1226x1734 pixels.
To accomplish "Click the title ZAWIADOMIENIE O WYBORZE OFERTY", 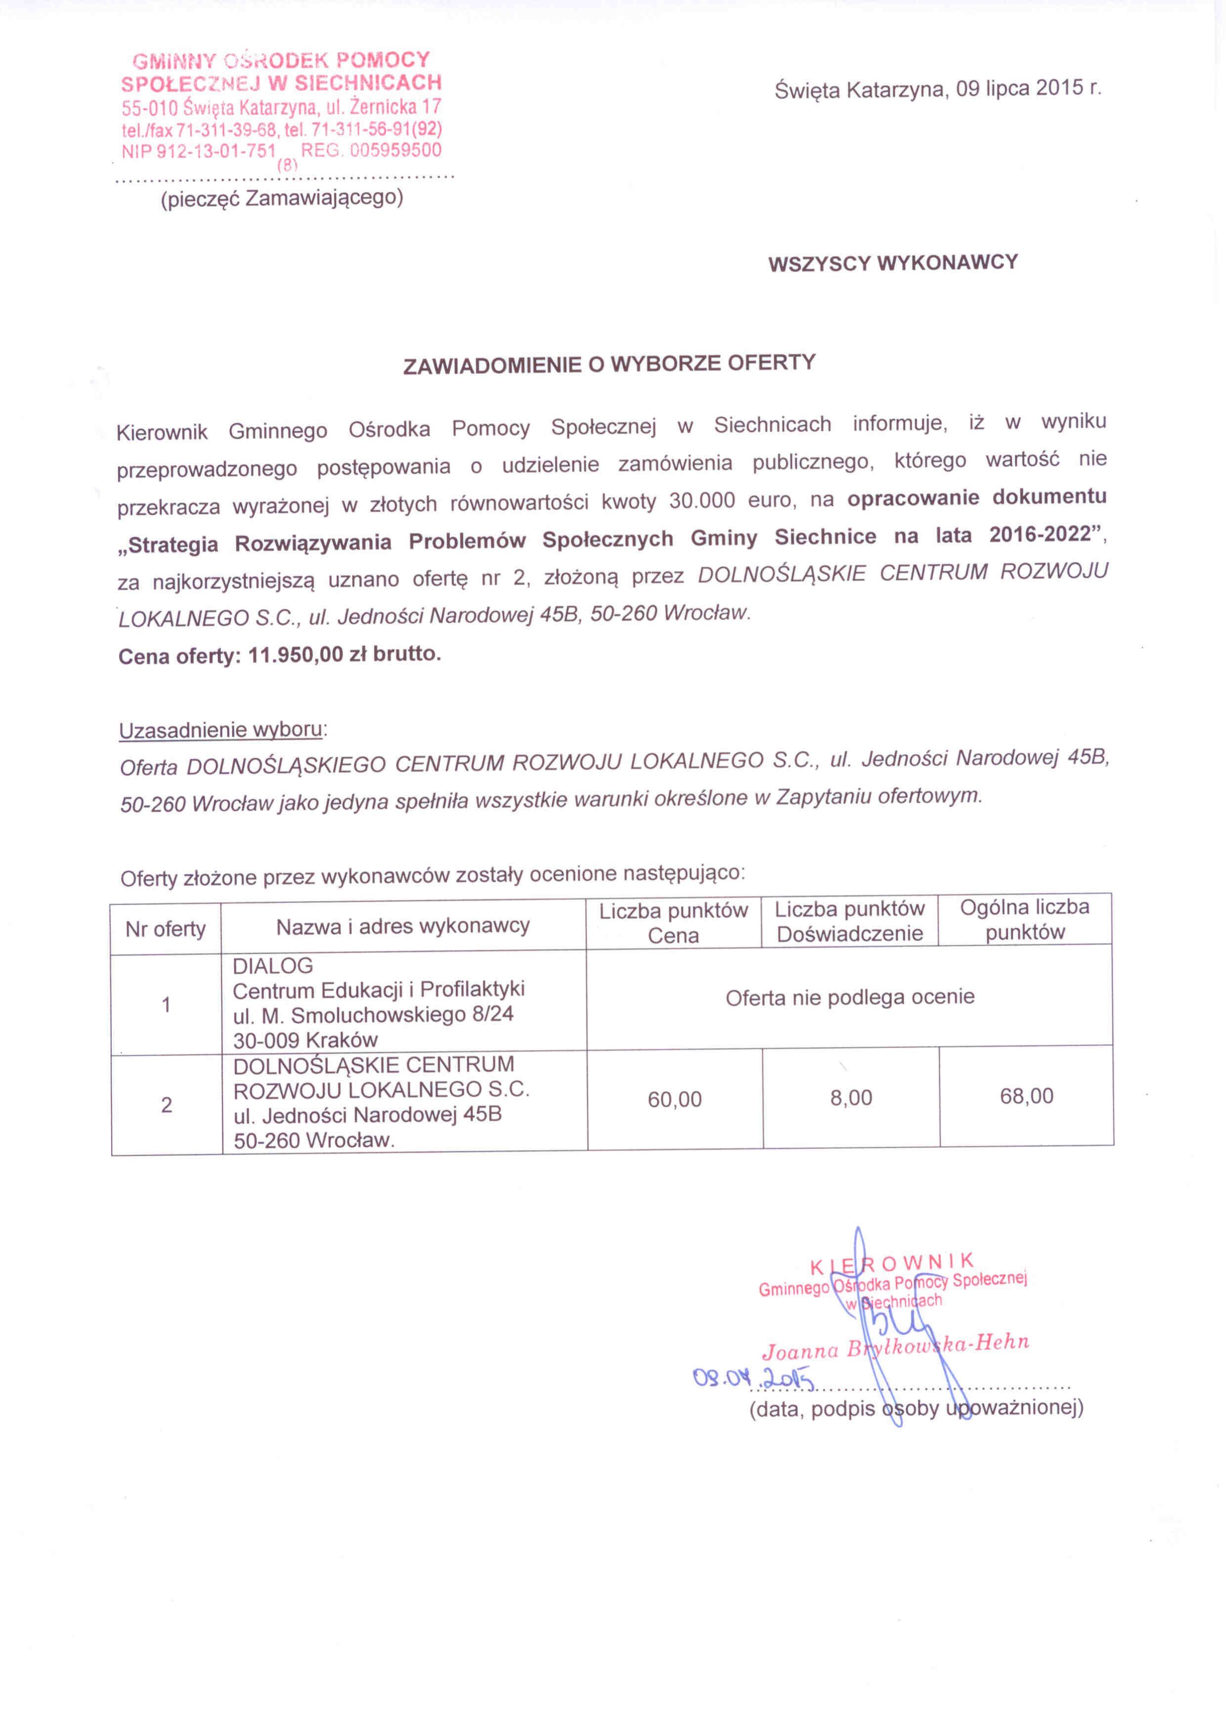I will (x=609, y=364).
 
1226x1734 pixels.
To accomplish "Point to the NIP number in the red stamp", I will (x=199, y=151).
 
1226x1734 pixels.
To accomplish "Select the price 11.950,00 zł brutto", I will (x=344, y=654).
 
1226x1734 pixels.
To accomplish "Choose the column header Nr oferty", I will (x=165, y=929).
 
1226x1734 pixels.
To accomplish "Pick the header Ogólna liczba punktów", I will (x=1024, y=919).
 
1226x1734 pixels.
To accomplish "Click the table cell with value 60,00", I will (x=674, y=1099).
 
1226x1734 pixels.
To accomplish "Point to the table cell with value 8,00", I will (x=851, y=1097).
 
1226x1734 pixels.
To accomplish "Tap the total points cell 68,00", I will (x=1026, y=1096).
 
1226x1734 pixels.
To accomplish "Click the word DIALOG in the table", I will (x=262, y=966).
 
